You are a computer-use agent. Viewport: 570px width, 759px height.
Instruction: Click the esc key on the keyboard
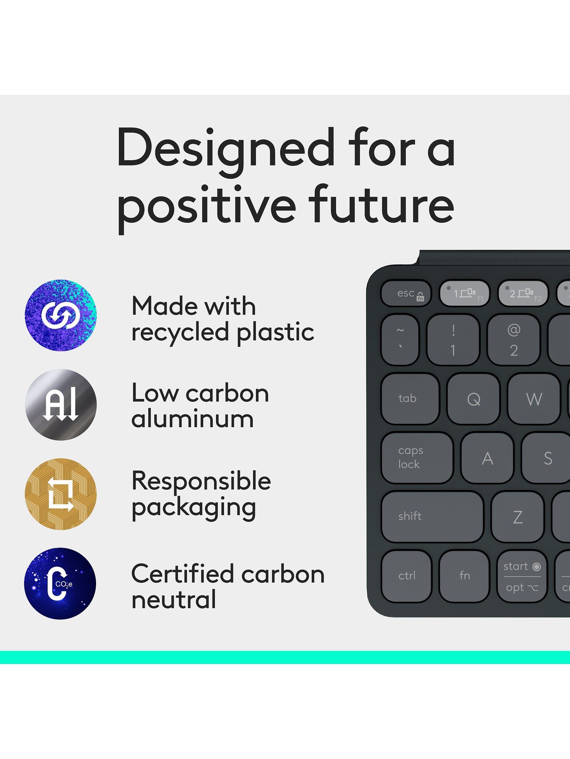406,293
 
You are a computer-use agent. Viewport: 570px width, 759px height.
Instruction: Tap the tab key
410,399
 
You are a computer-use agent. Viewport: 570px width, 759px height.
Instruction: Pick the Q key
473,399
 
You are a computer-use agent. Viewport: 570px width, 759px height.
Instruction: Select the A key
487,458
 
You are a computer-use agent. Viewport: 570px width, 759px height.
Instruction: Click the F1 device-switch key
465,293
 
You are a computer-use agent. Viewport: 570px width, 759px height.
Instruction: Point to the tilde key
400,340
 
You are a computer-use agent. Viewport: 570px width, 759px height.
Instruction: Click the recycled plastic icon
60,315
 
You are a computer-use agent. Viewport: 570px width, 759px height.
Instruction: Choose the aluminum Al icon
60,405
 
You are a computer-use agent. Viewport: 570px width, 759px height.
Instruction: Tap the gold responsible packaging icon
60,494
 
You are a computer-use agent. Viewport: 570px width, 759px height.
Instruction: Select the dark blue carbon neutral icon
60,584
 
